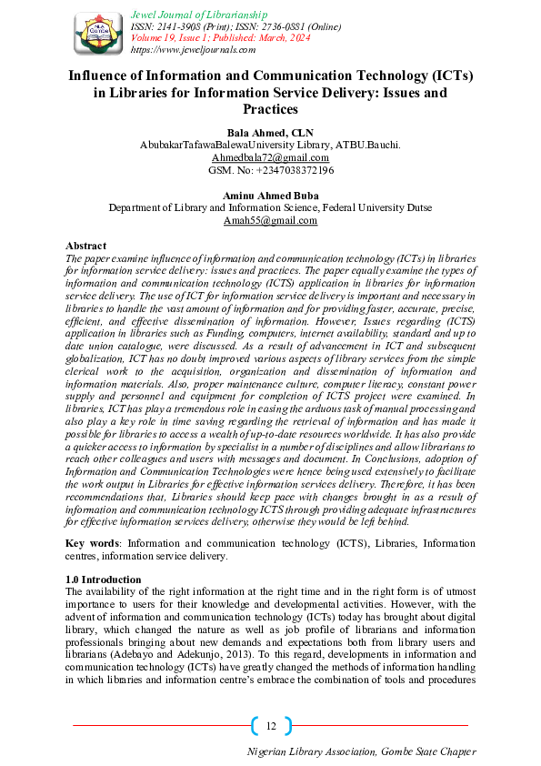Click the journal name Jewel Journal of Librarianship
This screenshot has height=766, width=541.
click(x=199, y=15)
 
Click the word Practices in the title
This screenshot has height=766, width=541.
click(x=270, y=110)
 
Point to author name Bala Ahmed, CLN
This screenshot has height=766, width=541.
click(x=270, y=133)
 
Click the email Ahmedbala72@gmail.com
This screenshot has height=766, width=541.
click(x=270, y=157)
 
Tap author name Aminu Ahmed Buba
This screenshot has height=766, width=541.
click(x=270, y=195)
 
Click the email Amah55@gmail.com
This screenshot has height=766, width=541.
click(x=270, y=220)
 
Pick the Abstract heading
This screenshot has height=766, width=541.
click(x=86, y=246)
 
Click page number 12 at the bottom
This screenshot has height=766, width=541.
click(x=271, y=725)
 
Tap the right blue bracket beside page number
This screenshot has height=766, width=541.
click(x=288, y=725)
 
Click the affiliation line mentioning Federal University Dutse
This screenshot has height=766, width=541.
click(x=270, y=207)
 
